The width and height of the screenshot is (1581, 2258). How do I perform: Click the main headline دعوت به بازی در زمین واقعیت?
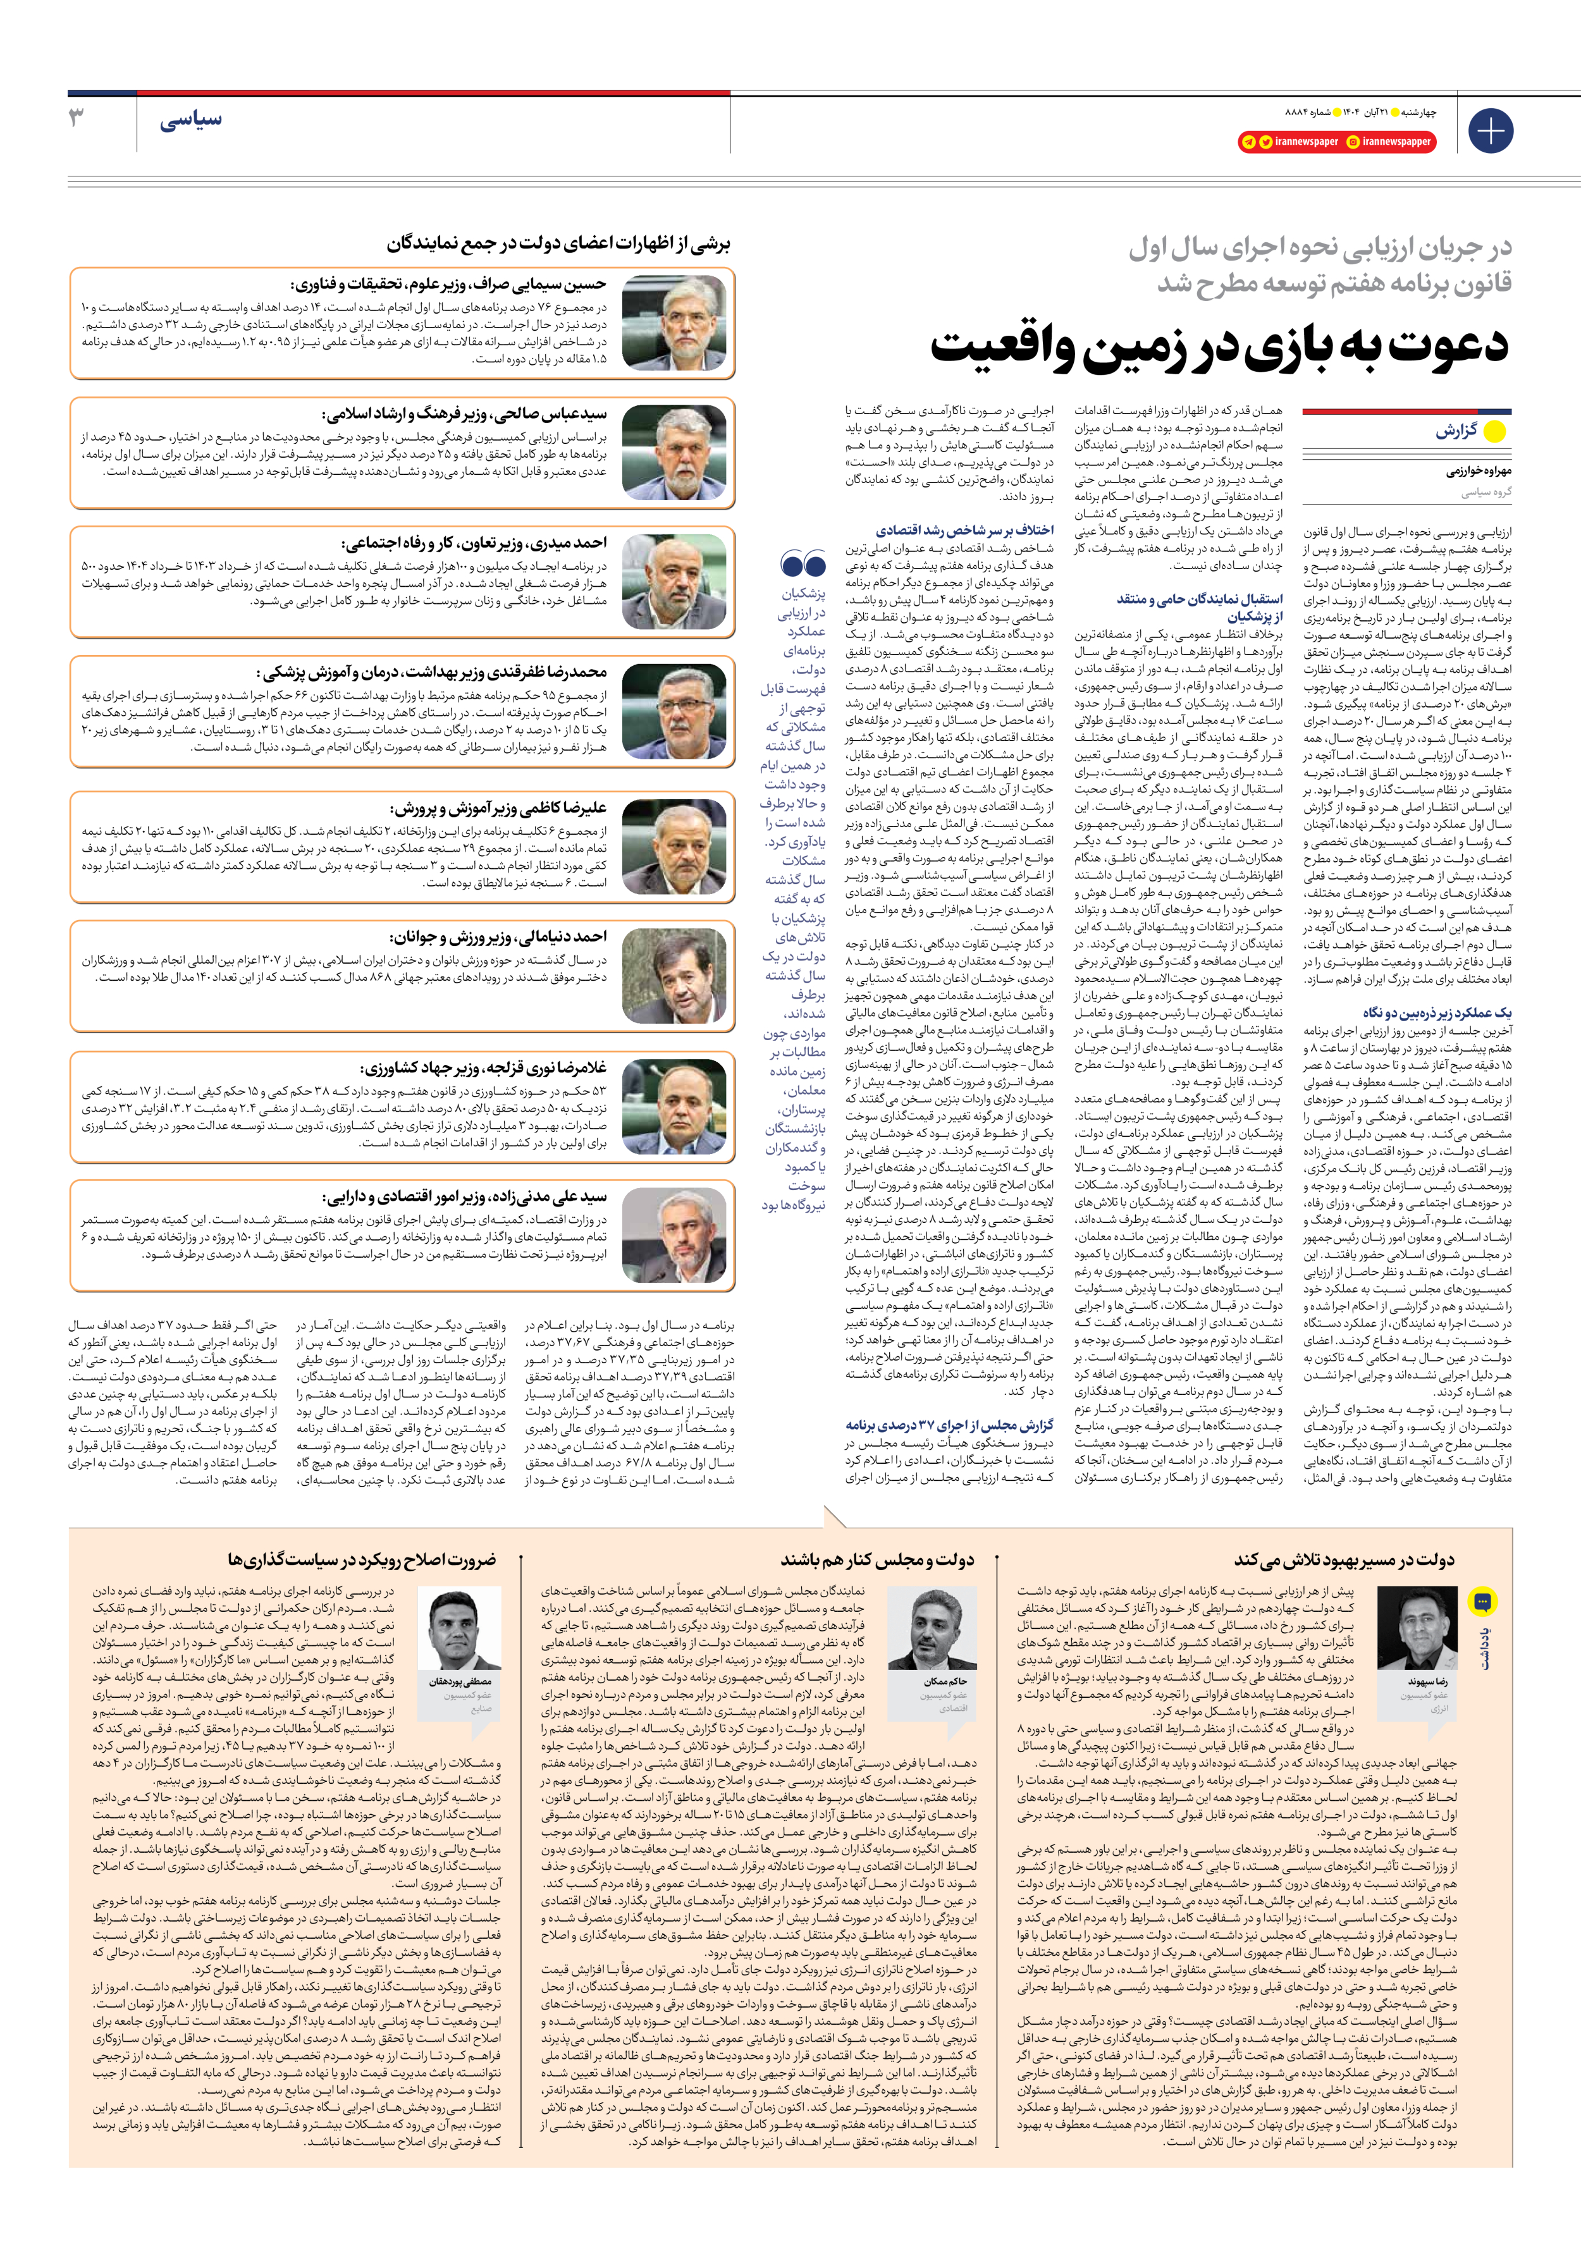pyautogui.click(x=1220, y=346)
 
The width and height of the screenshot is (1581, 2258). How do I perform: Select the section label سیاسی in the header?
pyautogui.click(x=191, y=120)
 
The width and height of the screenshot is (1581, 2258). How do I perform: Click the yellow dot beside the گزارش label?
pyautogui.click(x=1494, y=432)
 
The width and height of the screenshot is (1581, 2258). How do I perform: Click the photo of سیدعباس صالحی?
pyautogui.click(x=676, y=451)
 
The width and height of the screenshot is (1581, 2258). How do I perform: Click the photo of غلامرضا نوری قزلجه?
pyautogui.click(x=676, y=1107)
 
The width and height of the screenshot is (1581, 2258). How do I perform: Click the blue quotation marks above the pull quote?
pyautogui.click(x=803, y=563)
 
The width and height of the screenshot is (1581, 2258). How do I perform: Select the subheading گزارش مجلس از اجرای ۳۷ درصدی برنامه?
pyautogui.click(x=949, y=1424)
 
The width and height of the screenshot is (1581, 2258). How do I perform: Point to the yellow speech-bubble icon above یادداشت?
pyautogui.click(x=1482, y=1603)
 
